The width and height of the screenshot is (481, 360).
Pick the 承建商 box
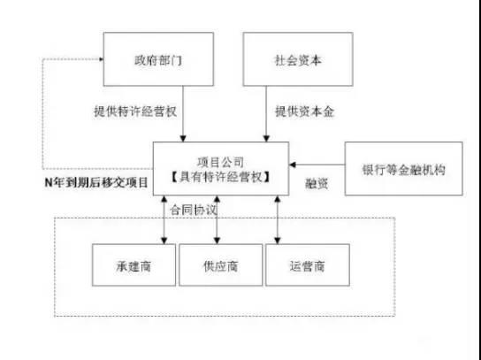[133, 264]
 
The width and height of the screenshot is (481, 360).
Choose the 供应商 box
[221, 264]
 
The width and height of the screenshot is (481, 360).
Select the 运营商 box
[307, 264]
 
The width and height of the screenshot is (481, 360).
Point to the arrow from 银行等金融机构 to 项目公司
[318, 165]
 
